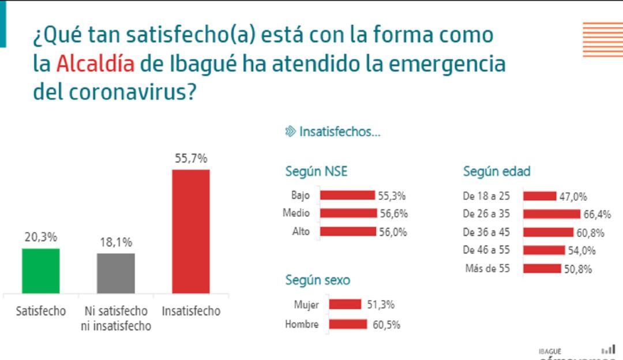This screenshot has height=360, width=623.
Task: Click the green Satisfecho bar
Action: click(40, 271)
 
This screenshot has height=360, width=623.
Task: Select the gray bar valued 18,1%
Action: click(115, 273)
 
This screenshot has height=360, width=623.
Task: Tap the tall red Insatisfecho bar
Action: click(191, 231)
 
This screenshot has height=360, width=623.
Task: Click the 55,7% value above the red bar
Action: click(191, 158)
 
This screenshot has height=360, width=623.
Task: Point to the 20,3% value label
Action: click(40, 237)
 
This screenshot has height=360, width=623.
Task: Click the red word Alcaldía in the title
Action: click(95, 63)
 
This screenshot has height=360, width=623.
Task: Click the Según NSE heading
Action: click(316, 171)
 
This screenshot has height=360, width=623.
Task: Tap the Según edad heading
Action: click(497, 171)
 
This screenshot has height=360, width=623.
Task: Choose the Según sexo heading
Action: click(317, 280)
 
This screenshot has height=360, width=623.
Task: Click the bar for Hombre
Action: click(348, 324)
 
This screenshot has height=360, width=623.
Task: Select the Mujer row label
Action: click(306, 305)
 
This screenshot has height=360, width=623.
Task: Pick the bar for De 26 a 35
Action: click(551, 214)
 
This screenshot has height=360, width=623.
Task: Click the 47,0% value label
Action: click(573, 197)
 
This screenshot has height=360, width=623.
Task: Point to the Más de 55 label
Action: click(487, 268)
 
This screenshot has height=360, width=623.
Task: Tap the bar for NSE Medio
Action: click(348, 213)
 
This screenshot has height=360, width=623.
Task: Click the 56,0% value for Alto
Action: click(392, 232)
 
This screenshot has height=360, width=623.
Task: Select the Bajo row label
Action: click(301, 195)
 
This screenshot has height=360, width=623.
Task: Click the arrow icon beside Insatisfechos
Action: click(290, 132)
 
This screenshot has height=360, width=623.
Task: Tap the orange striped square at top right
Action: click(602, 39)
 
